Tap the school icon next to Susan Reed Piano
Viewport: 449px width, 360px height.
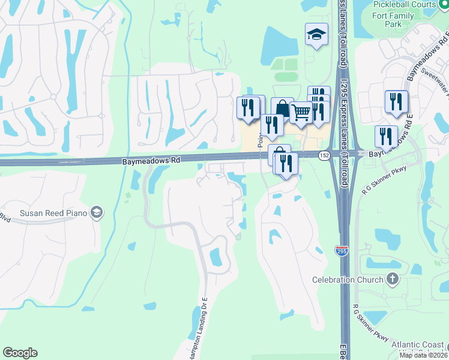[x=96, y=212]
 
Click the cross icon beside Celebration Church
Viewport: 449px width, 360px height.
[x=392, y=279]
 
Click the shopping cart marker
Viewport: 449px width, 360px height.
[x=301, y=112]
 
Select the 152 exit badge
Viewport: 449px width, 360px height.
[x=324, y=155]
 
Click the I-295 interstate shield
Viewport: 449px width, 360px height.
[x=341, y=251]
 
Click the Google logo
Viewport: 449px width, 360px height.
[x=20, y=353]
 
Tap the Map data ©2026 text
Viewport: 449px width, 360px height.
[x=424, y=355]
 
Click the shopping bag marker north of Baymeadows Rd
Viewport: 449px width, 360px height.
[x=282, y=108]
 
